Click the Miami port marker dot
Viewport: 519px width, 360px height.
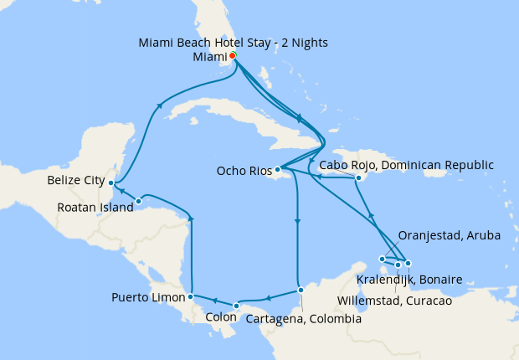pyautogui.click(x=232, y=56)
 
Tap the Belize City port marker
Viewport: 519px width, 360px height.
pyautogui.click(x=111, y=183)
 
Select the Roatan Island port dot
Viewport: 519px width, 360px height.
pyautogui.click(x=138, y=201)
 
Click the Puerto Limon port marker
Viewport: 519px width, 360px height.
pyautogui.click(x=192, y=296)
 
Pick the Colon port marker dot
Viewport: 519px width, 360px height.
pyautogui.click(x=237, y=306)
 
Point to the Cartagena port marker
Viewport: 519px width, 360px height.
pyautogui.click(x=301, y=291)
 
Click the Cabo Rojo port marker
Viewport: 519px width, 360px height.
pyautogui.click(x=357, y=177)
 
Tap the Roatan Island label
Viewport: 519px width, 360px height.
pyautogui.click(x=95, y=208)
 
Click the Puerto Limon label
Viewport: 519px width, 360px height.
pyautogui.click(x=148, y=297)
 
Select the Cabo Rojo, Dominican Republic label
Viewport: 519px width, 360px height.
pyautogui.click(x=406, y=164)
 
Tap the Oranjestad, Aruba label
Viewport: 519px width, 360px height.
pyautogui.click(x=449, y=236)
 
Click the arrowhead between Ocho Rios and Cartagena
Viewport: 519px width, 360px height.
pyautogui.click(x=297, y=221)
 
